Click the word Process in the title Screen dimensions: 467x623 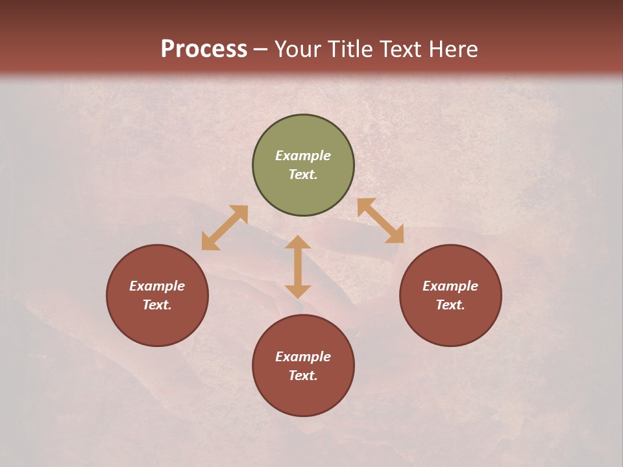[204, 49]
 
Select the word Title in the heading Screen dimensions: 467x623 [352, 49]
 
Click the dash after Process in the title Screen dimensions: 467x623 [260, 50]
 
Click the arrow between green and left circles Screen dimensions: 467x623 [225, 228]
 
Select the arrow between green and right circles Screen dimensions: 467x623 [381, 221]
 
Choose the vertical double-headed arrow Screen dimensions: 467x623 [298, 267]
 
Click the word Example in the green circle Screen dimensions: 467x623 [303, 156]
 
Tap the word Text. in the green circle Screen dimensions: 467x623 [303, 174]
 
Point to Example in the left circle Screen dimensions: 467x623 [157, 286]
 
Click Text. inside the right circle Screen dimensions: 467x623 [450, 305]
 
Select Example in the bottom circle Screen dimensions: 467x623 [303, 357]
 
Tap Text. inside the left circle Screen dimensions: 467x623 [157, 305]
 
